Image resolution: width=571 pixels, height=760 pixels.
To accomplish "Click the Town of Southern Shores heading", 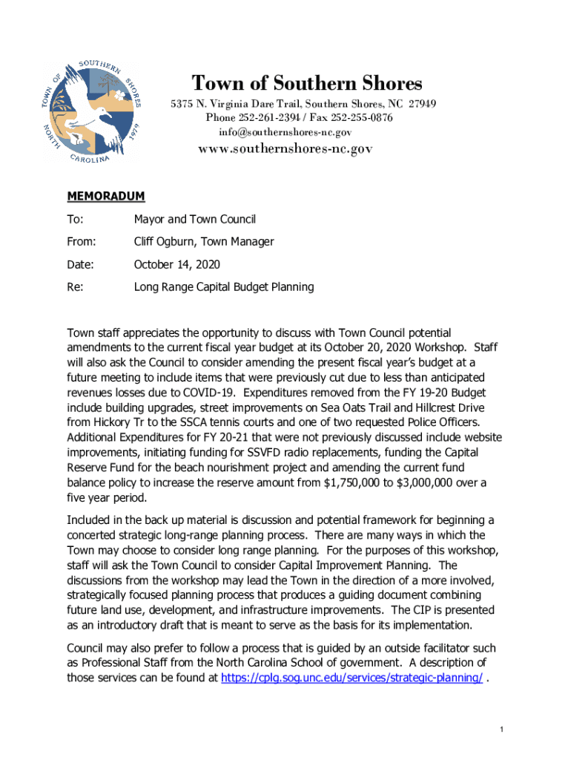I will (307, 83).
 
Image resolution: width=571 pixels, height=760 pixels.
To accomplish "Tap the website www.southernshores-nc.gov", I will (285, 148).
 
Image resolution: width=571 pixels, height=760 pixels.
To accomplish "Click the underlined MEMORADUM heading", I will (106, 197).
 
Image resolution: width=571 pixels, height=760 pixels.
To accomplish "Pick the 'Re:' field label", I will (75, 286).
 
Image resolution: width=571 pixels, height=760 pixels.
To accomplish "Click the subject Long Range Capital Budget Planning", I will (223, 286).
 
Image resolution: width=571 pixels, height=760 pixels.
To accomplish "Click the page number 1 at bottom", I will (502, 731).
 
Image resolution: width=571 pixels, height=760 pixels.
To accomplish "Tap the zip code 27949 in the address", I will (420, 104).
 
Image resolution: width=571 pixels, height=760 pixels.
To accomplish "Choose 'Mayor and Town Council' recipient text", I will (194, 219).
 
